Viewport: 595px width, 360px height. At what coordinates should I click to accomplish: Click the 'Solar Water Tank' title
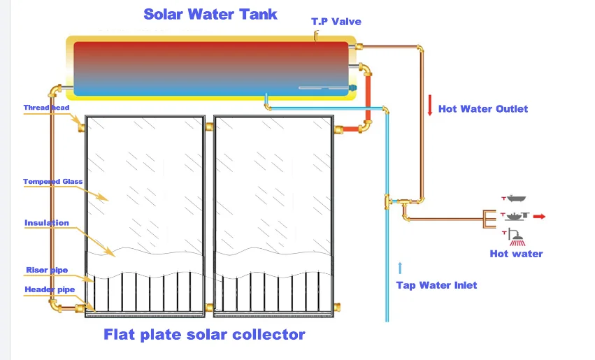(210, 14)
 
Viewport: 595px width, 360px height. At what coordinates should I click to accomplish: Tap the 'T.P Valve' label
(336, 22)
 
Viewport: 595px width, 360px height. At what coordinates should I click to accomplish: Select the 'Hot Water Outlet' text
(482, 108)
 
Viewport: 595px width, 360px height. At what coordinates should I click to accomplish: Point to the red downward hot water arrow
(429, 106)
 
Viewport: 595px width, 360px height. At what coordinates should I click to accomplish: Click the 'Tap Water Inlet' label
(436, 285)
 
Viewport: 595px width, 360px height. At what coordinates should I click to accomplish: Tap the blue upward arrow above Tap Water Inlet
(401, 267)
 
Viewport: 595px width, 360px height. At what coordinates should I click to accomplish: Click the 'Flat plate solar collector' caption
(204, 334)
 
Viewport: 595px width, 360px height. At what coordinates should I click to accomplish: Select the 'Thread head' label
(46, 108)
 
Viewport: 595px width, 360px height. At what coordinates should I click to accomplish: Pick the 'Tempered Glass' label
(52, 182)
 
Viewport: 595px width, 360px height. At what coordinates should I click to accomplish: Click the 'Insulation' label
(47, 223)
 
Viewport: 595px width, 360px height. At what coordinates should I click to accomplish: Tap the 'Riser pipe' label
(46, 269)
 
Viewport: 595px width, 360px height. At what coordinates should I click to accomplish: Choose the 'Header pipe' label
(48, 289)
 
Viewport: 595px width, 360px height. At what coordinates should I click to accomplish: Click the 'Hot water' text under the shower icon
(516, 254)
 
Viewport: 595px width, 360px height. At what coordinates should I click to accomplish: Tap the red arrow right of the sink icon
(539, 217)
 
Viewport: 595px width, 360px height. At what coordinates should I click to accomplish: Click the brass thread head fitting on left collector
(80, 129)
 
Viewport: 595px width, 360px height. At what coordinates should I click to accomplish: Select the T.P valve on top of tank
(315, 35)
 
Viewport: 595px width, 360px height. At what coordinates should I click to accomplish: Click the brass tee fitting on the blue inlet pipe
(388, 203)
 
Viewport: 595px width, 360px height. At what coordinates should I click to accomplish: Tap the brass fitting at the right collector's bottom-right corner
(336, 306)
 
